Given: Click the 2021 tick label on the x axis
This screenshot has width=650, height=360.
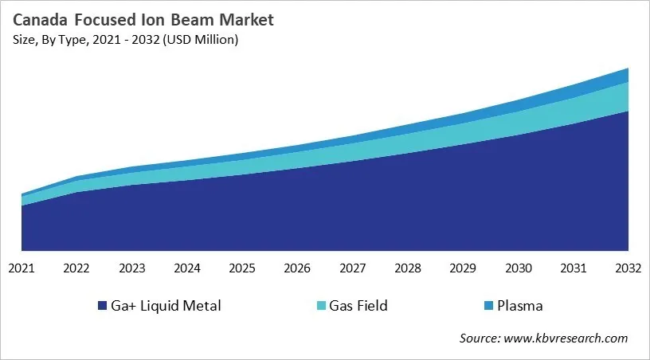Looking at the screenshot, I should pos(22,268).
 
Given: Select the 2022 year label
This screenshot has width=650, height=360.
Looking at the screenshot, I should pos(76,268).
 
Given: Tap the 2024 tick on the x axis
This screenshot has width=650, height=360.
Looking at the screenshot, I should pos(187,268).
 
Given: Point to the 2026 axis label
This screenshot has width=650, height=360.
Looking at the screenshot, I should pos(297,268).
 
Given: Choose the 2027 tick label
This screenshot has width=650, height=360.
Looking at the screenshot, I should pos(353,268).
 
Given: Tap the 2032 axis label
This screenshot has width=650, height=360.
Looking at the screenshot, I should pos(628,268).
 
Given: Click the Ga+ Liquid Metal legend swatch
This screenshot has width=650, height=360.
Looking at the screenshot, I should pos(102,306).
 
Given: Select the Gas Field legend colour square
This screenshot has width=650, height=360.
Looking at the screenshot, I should pos(321,306).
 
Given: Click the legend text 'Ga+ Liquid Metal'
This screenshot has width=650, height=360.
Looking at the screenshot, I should pos(166,306).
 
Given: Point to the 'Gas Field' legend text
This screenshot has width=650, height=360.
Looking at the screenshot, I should pos(359,306).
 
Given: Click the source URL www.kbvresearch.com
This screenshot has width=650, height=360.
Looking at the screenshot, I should pos(566,338).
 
